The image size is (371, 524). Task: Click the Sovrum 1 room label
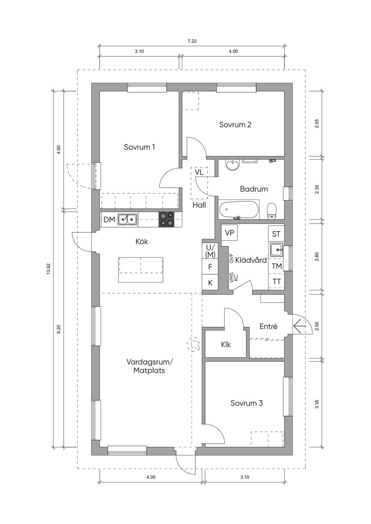point(139,147)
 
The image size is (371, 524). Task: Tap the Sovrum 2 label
point(235,124)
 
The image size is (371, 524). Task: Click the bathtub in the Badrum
point(239,209)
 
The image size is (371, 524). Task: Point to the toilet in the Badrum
point(272,211)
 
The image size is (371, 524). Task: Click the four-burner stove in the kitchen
point(167,219)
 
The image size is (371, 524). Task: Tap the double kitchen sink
point(128,219)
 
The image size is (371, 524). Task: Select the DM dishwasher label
point(109,220)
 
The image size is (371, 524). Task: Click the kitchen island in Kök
point(141,270)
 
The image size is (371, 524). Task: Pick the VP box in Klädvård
point(230,233)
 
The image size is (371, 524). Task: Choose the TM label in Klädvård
point(276,266)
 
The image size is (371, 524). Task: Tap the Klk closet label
point(226,345)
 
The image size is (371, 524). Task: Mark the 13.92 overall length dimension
point(49,269)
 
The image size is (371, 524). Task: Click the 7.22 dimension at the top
point(192,41)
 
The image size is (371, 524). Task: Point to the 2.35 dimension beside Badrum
point(317,189)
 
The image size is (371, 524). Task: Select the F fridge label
point(210,267)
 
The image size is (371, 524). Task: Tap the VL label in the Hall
point(199,172)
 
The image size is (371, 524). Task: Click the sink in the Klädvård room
point(276,250)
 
